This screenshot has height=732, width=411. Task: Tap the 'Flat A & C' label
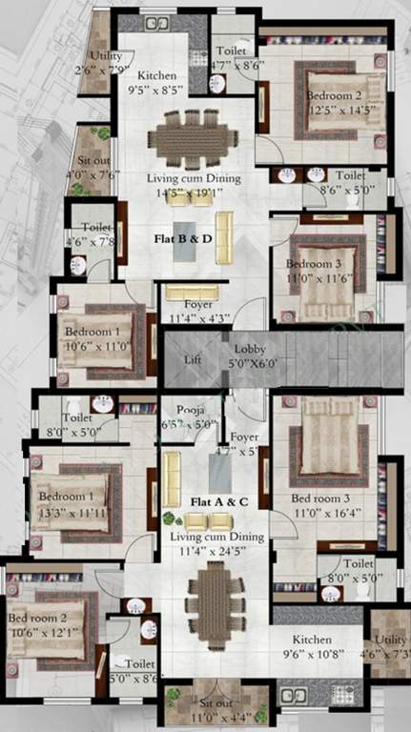[x=195, y=500]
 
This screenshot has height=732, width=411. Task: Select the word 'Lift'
[x=192, y=360]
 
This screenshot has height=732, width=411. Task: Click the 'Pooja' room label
[x=191, y=411]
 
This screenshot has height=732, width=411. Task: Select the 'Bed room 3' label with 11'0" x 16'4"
[x=319, y=498]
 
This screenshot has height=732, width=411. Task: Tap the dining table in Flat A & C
[x=209, y=598]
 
